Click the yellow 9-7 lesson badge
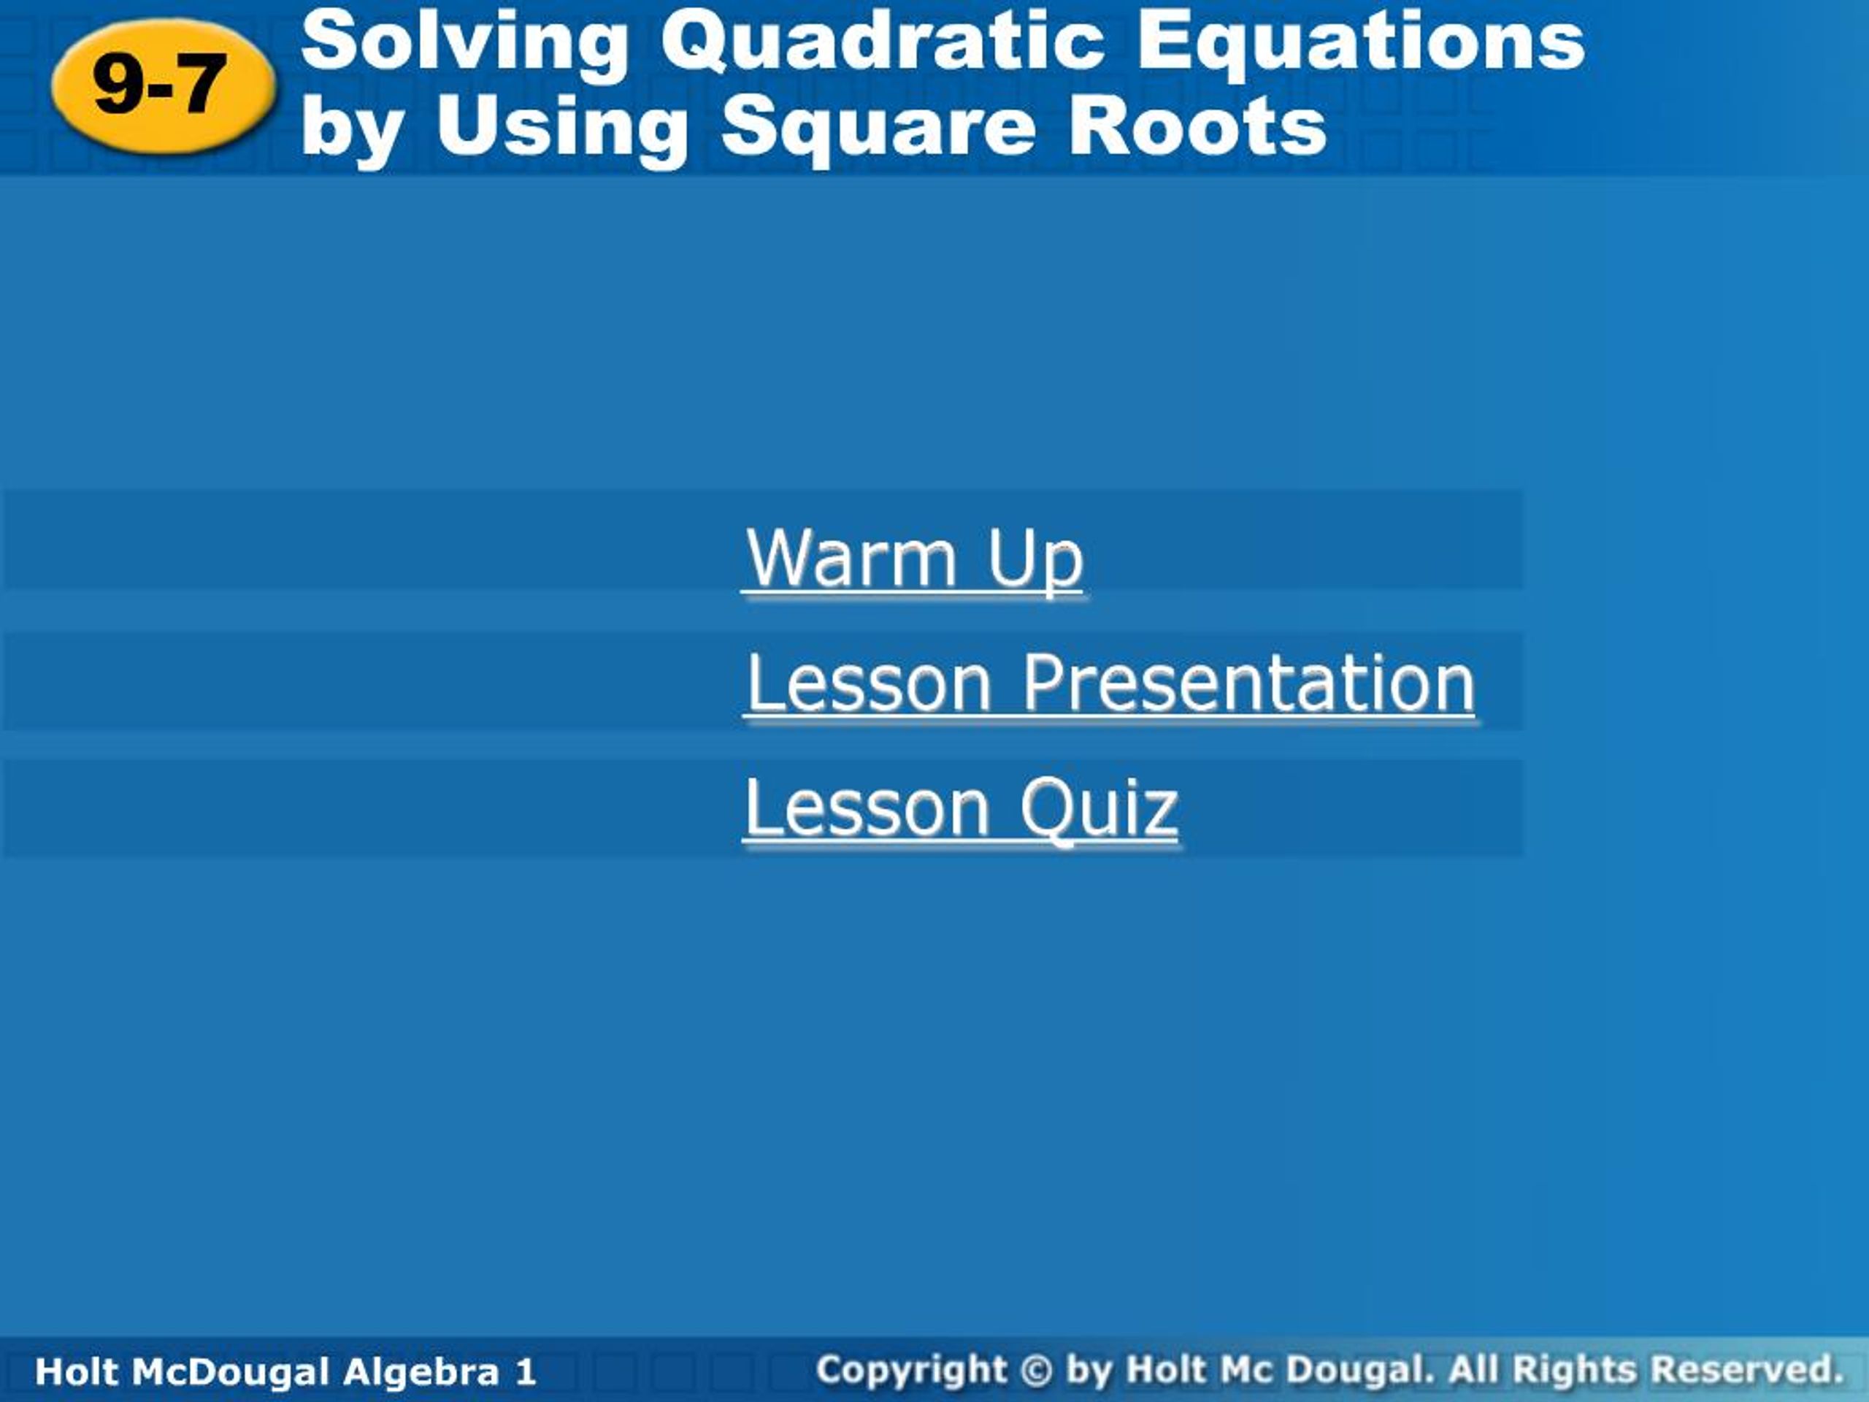[x=163, y=85]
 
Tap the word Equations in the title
[x=1360, y=42]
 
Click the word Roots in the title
[x=1198, y=127]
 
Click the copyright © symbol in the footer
[x=1037, y=1370]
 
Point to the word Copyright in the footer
[x=912, y=1370]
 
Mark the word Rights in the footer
[x=1574, y=1370]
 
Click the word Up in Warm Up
[x=1035, y=559]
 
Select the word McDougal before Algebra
[x=230, y=1371]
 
